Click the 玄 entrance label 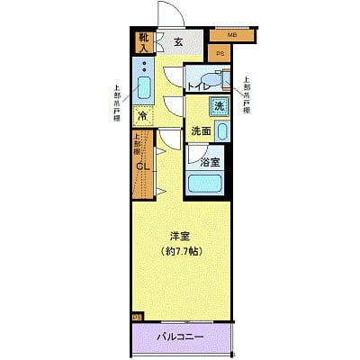[x=178, y=41]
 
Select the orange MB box [x=231, y=35]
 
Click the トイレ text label [x=199, y=86]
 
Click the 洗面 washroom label [x=201, y=131]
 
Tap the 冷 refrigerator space [x=142, y=116]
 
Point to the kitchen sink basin [x=143, y=88]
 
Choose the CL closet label [x=142, y=166]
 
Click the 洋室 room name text [x=181, y=236]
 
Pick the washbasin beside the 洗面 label [x=223, y=131]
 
